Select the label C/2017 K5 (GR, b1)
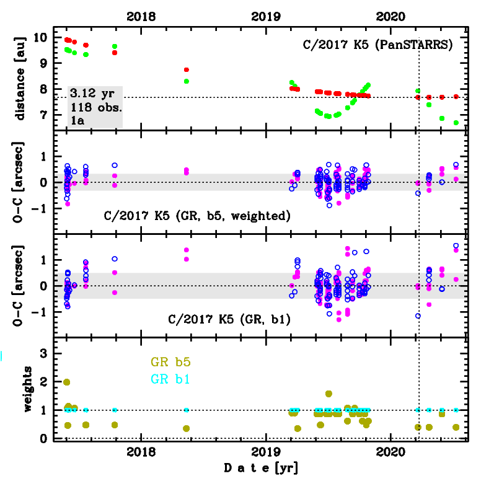[x=229, y=320]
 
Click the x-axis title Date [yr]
[x=261, y=469]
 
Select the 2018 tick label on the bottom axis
[x=142, y=451]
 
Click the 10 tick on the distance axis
[x=41, y=37]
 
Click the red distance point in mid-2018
[x=187, y=69]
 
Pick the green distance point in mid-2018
[x=187, y=81]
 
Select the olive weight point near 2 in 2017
[x=67, y=382]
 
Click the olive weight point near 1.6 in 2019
[x=329, y=394]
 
